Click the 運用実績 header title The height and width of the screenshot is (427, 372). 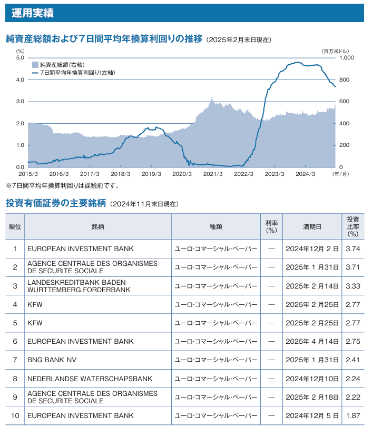(x=32, y=13)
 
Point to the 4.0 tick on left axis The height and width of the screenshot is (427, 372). (x=20, y=80)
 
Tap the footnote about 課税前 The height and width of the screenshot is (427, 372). (x=62, y=185)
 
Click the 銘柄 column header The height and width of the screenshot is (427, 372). (x=97, y=226)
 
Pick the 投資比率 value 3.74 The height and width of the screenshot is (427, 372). (x=353, y=249)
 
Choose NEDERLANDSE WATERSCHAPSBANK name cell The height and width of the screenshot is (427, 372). (x=90, y=379)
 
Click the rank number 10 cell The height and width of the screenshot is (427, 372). (x=15, y=415)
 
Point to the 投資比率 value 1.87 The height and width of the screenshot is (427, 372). (x=353, y=415)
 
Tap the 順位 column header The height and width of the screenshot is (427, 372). (x=15, y=226)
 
